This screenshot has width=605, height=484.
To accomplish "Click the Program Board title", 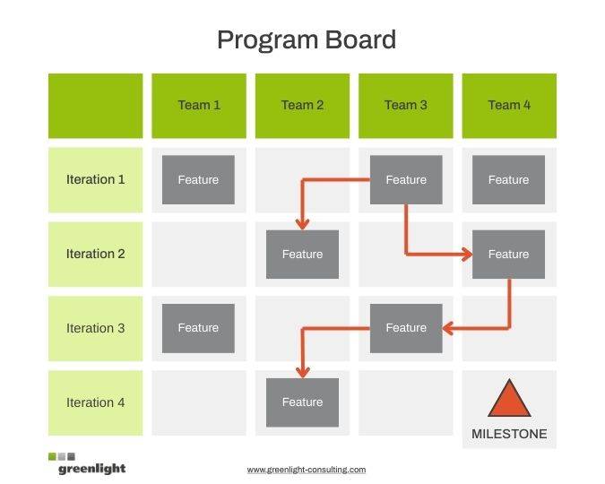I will pyautogui.click(x=306, y=40).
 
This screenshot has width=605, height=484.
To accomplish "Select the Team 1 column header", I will pyautogui.click(x=199, y=105).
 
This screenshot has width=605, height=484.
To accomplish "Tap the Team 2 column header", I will pyautogui.click(x=302, y=105).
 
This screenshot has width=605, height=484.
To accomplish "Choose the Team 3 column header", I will pyautogui.click(x=406, y=105).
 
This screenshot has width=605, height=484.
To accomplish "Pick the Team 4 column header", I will pyautogui.click(x=509, y=105).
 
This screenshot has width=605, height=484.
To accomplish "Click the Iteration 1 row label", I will pyautogui.click(x=96, y=179).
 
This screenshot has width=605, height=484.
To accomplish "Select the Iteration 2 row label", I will pyautogui.click(x=96, y=254).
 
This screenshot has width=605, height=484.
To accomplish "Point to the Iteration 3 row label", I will pyautogui.click(x=96, y=328).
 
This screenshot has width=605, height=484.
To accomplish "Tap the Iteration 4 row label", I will pyautogui.click(x=96, y=402).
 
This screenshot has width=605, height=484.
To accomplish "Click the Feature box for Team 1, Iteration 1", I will pyautogui.click(x=198, y=179).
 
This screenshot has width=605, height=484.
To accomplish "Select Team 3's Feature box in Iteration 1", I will pyautogui.click(x=406, y=179).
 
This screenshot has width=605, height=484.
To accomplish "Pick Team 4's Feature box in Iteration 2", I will pyautogui.click(x=508, y=254).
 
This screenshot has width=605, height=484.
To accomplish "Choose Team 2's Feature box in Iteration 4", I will pyautogui.click(x=302, y=402).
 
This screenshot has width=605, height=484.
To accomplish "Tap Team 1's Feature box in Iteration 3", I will pyautogui.click(x=198, y=328).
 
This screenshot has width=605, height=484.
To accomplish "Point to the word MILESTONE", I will pyautogui.click(x=509, y=434).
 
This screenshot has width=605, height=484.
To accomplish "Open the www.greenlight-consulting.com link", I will pyautogui.click(x=307, y=469).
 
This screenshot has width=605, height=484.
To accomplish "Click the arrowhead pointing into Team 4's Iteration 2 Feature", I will pyautogui.click(x=466, y=254).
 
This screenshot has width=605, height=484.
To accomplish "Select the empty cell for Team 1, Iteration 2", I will pyautogui.click(x=199, y=254).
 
